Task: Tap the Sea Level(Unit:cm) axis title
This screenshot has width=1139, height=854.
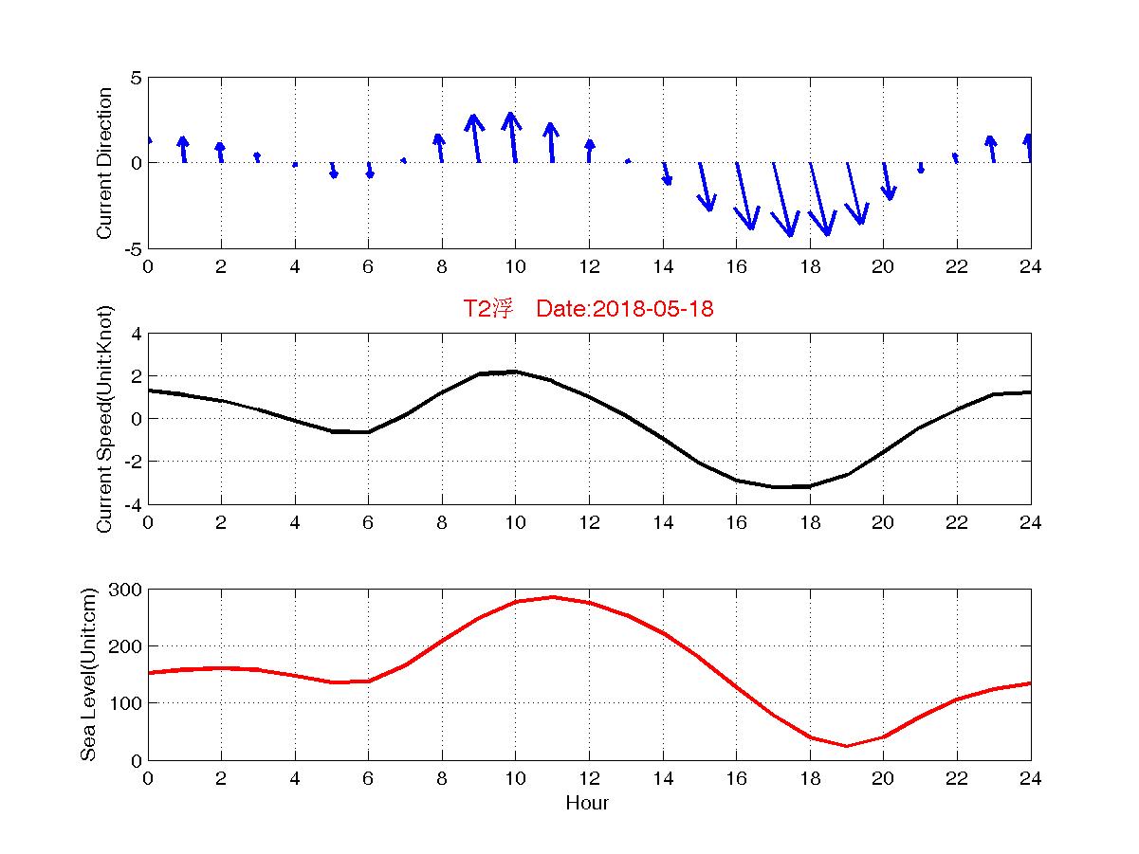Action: (x=88, y=674)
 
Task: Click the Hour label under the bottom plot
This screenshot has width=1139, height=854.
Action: (x=587, y=804)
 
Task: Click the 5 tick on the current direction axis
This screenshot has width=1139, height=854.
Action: (x=137, y=78)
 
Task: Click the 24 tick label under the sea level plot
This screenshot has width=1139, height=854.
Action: (x=1030, y=778)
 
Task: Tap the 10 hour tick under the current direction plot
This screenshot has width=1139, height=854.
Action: (x=515, y=266)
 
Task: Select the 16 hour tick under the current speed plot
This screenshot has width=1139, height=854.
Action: (x=736, y=522)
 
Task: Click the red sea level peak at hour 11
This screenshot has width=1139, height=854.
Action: (x=552, y=597)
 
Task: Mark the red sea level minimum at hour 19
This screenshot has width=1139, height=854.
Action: (x=847, y=746)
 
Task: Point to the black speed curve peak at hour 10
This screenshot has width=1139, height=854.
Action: (x=515, y=372)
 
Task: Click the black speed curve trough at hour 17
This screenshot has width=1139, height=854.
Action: (x=774, y=486)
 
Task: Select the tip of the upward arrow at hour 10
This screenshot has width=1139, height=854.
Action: (x=510, y=114)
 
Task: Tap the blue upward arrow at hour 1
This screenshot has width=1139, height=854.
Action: (x=183, y=149)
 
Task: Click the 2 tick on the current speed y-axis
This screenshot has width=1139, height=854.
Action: (x=137, y=376)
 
